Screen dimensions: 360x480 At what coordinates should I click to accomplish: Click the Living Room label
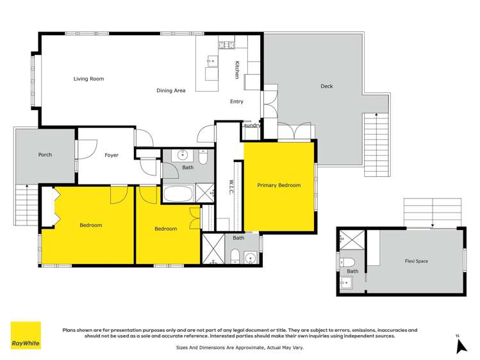pyautogui.click(x=88, y=79)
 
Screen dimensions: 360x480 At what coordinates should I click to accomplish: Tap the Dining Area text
pyautogui.click(x=171, y=91)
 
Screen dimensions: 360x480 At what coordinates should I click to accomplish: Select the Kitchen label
pyautogui.click(x=236, y=70)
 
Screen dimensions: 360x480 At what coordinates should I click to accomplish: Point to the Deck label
pyautogui.click(x=326, y=86)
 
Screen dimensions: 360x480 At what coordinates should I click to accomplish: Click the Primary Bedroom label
pyautogui.click(x=279, y=185)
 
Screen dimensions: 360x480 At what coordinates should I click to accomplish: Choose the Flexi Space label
pyautogui.click(x=417, y=261)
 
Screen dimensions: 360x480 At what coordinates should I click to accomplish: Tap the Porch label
pyautogui.click(x=45, y=154)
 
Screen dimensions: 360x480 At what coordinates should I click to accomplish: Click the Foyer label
pyautogui.click(x=112, y=155)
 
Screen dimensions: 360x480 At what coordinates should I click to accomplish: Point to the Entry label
pyautogui.click(x=237, y=102)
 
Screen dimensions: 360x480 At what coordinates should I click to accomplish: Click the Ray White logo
pyautogui.click(x=26, y=335)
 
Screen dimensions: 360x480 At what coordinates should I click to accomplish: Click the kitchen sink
pyautogui.click(x=211, y=62)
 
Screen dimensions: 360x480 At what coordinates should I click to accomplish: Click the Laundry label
pyautogui.click(x=251, y=126)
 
